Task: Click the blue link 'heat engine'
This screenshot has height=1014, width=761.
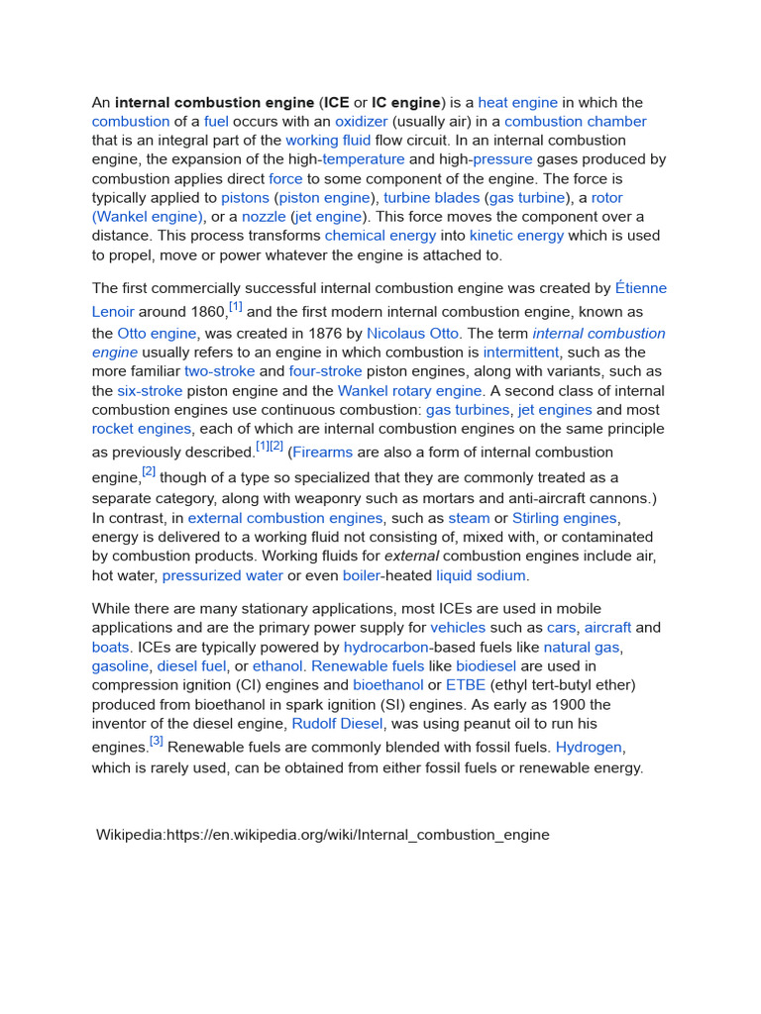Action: pos(517,103)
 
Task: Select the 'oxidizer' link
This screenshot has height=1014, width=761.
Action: pos(361,122)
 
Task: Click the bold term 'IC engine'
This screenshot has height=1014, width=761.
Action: pos(406,103)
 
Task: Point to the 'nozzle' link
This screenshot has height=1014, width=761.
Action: pos(264,217)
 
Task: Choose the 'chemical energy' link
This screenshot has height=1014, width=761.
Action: pos(380,236)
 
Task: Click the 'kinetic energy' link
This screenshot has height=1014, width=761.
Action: pos(516,236)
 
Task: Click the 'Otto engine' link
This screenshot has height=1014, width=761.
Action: pos(158,334)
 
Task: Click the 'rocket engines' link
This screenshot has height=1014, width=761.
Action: pos(142,429)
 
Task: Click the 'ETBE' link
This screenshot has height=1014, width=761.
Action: pos(466,685)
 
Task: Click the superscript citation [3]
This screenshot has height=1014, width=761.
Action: pos(157,741)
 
